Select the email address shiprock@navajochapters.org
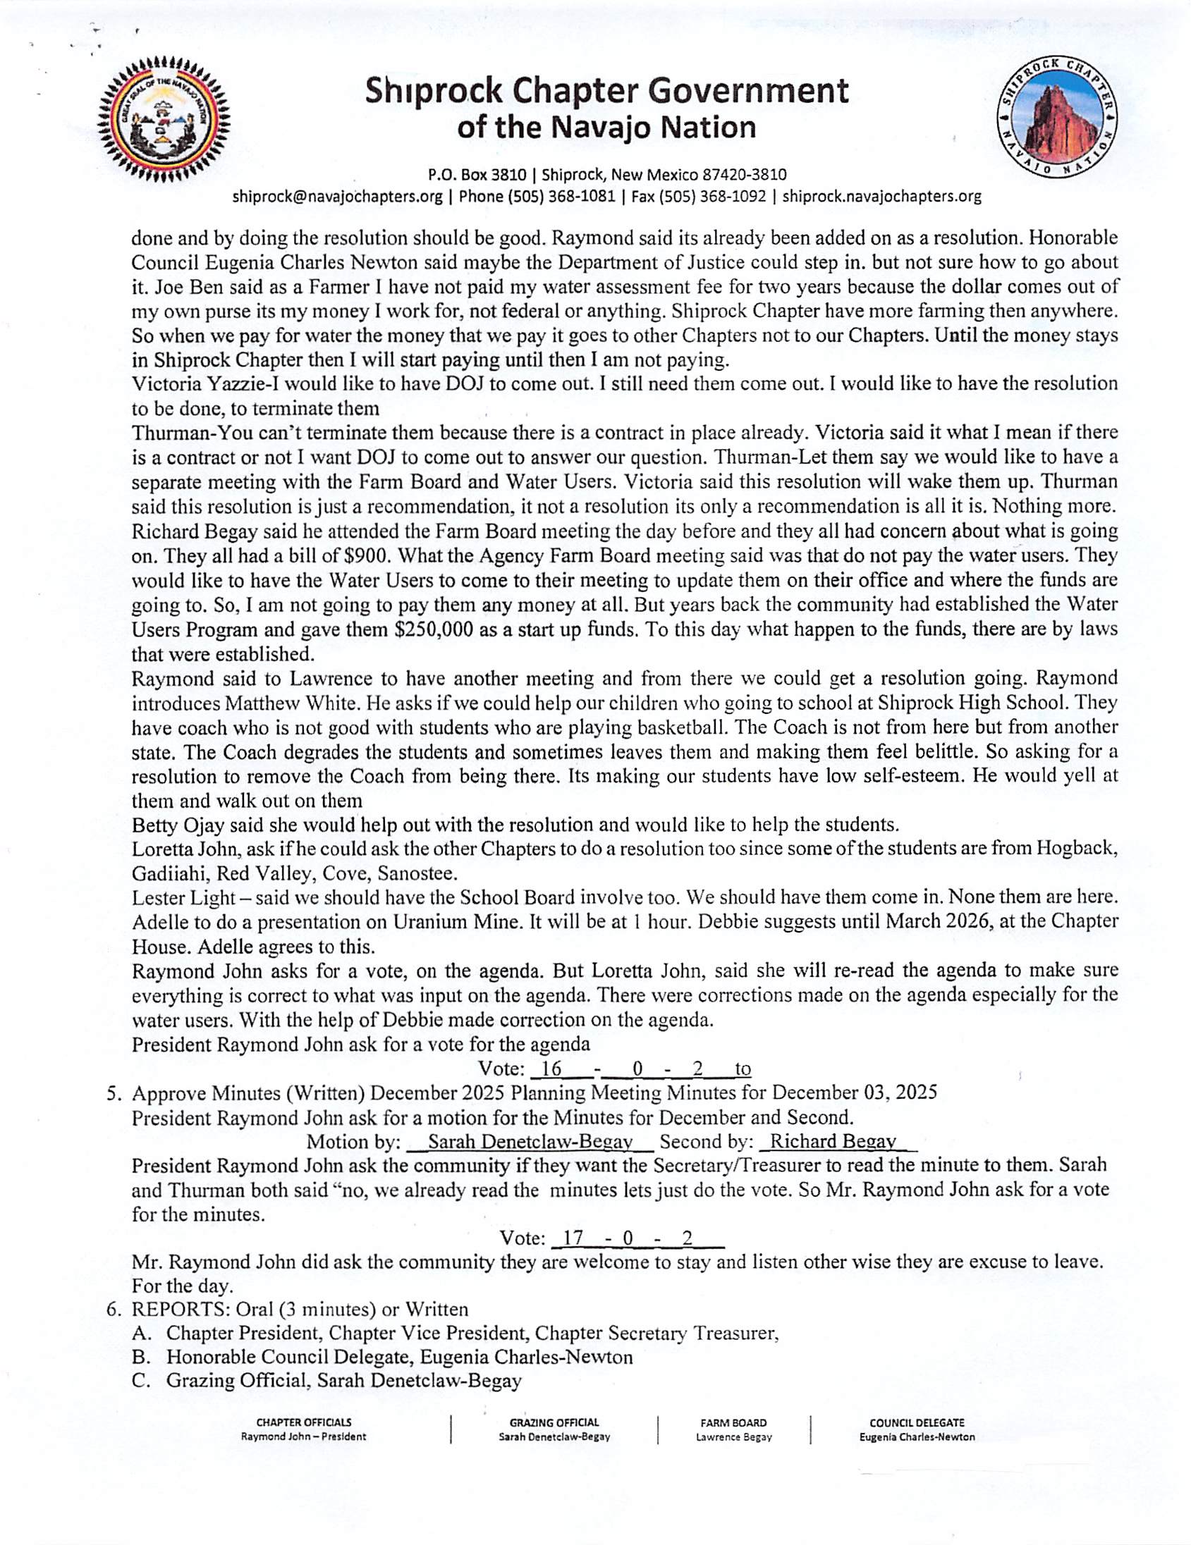click(338, 197)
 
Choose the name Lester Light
click(183, 899)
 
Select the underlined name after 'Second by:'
click(833, 1141)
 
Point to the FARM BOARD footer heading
click(733, 1422)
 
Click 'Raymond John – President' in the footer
click(304, 1436)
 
